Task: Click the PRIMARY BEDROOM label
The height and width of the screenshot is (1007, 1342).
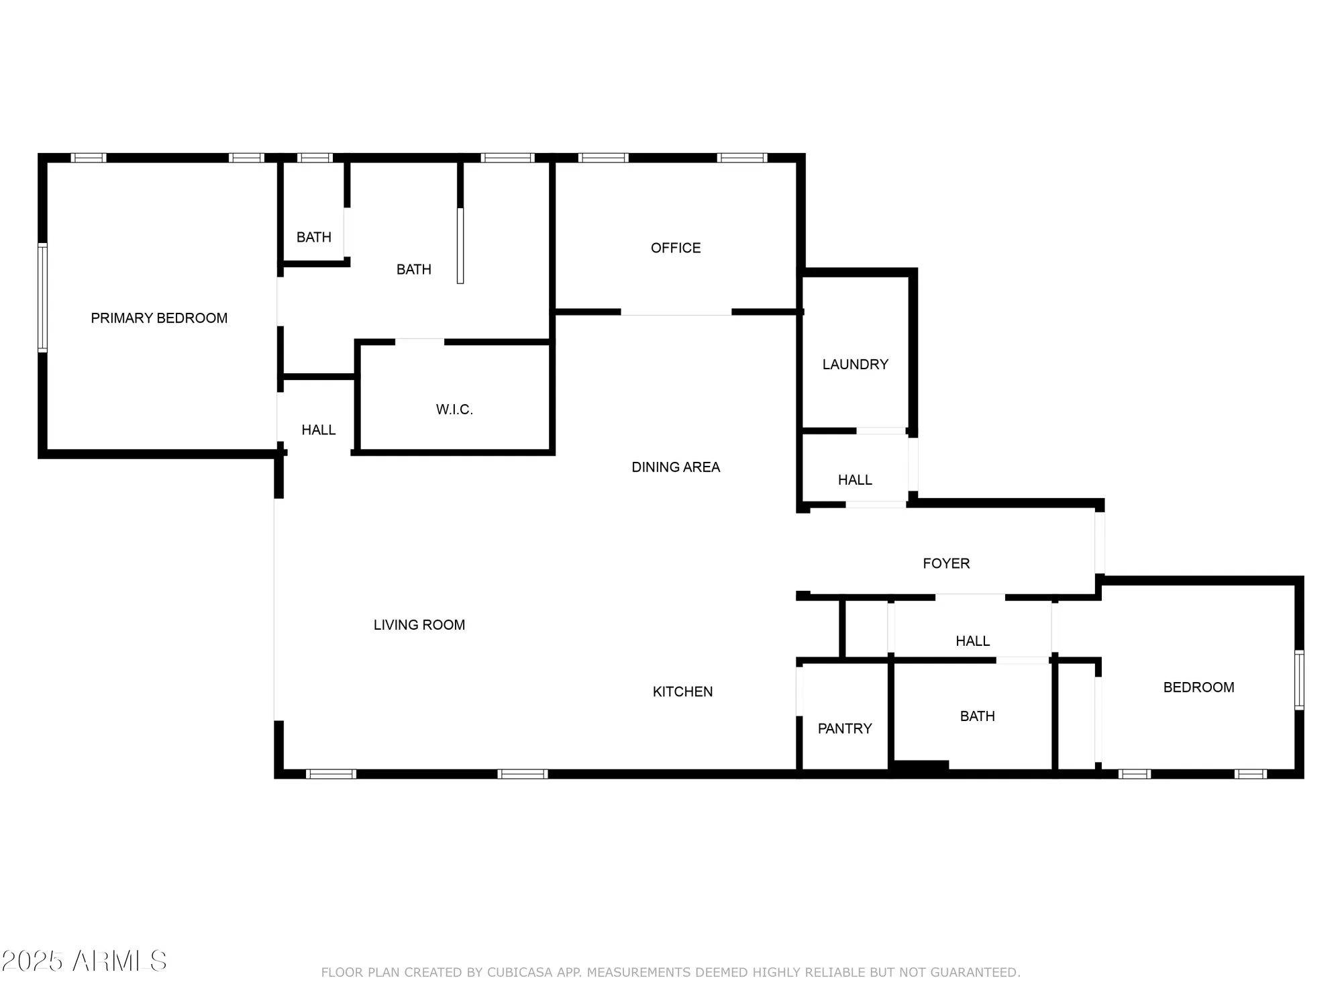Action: point(159,318)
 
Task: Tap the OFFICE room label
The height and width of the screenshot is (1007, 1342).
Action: point(676,248)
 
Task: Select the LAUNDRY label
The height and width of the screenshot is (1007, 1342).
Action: point(855,365)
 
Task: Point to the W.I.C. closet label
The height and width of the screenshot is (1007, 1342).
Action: point(454,410)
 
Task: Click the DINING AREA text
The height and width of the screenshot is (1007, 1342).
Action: point(676,467)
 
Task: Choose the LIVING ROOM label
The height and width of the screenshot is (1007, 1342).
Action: point(419,625)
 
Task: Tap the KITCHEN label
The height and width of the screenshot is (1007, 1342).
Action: point(682,691)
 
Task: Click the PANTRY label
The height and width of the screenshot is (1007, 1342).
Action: point(845,728)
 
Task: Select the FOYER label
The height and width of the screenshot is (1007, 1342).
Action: point(946,563)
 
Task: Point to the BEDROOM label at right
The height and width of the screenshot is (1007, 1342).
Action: point(1198,687)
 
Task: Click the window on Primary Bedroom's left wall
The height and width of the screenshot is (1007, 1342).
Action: point(43,297)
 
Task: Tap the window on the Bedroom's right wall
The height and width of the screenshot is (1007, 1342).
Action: point(1299,680)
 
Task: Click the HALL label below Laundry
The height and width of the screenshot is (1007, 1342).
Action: point(855,480)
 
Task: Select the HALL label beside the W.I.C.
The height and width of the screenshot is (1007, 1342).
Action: point(319,430)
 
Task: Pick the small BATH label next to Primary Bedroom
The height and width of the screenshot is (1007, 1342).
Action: point(314,237)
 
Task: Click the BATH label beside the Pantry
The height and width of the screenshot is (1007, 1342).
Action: point(977,716)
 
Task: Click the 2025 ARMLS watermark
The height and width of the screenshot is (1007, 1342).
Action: point(84,961)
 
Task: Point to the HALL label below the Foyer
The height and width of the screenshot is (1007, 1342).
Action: point(972,641)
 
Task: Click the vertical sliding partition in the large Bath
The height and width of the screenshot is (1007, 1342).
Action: point(460,246)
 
